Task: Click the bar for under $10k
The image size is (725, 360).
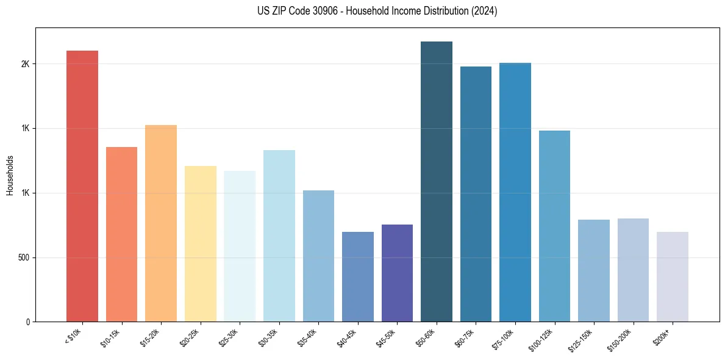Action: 82,186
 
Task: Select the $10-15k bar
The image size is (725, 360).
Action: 121,234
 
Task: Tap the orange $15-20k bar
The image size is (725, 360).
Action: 161,223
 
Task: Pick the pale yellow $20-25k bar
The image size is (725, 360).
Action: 201,244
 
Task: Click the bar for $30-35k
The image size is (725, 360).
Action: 279,236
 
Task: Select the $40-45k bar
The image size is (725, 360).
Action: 358,277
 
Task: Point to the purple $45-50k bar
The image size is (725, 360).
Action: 397,273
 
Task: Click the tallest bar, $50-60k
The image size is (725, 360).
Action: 437,182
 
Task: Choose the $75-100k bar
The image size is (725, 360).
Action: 515,192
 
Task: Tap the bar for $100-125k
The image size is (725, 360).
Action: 554,226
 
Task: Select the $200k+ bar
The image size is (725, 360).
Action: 673,277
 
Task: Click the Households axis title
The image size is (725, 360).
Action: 10,175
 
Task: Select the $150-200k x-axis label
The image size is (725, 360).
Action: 620,339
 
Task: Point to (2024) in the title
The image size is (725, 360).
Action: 485,11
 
